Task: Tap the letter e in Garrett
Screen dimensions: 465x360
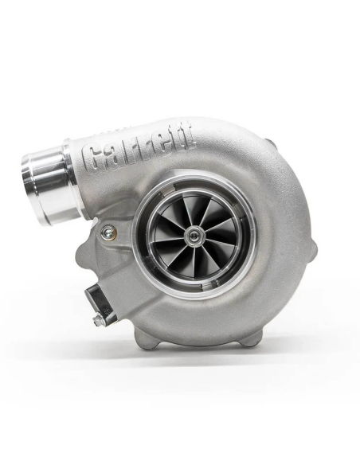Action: click(166, 147)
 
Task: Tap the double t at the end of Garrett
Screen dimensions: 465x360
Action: click(184, 144)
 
